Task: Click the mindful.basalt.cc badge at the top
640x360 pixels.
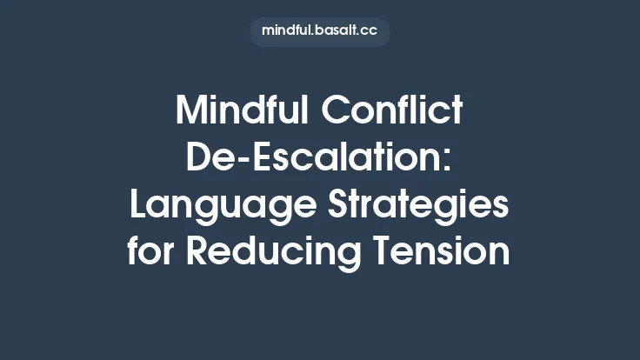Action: (x=319, y=30)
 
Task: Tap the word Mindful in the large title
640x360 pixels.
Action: (x=240, y=110)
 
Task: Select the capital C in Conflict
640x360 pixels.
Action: (x=334, y=110)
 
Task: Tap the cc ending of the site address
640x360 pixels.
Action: (x=371, y=30)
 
